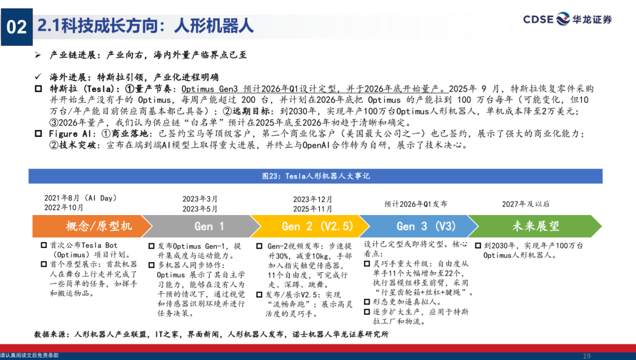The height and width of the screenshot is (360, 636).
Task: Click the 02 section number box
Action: pyautogui.click(x=16, y=27)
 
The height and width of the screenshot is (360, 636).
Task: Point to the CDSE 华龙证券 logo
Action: pyautogui.click(x=567, y=19)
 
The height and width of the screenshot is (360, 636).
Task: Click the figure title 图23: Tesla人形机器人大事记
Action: pyautogui.click(x=316, y=176)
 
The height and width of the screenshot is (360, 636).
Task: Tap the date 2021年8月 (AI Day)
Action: pyautogui.click(x=80, y=198)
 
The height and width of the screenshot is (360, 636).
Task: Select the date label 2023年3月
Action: pyautogui.click(x=200, y=199)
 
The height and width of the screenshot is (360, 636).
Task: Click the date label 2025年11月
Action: pyautogui.click(x=313, y=209)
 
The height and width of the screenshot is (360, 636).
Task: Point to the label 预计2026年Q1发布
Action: pyautogui.click(x=416, y=204)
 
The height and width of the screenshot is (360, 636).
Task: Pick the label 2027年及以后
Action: pyautogui.click(x=526, y=204)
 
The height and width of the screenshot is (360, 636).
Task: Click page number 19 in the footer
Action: pyautogui.click(x=587, y=356)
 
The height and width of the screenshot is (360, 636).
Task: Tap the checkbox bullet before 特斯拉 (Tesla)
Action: pyautogui.click(x=38, y=88)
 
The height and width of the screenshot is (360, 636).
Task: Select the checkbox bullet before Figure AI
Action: pyautogui.click(x=38, y=134)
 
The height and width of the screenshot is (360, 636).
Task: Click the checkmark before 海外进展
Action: pyautogui.click(x=38, y=77)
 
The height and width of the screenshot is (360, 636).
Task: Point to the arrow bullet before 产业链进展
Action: pyautogui.click(x=38, y=55)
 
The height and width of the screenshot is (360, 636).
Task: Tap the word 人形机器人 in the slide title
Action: pyautogui.click(x=214, y=26)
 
